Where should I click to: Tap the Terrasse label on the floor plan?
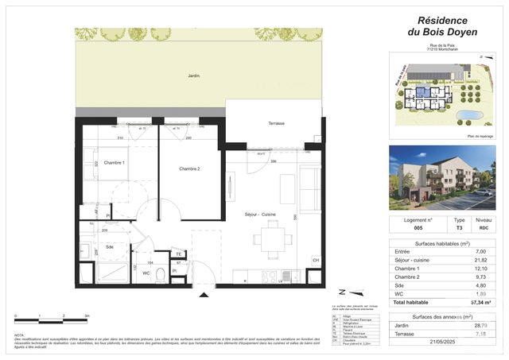point(276,123)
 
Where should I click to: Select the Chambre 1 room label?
point(115,163)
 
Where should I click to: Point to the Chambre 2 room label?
point(189,168)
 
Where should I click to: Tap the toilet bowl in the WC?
point(161,275)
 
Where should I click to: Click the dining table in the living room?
point(271,239)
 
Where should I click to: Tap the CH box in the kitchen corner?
point(315,260)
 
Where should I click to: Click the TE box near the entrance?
point(179,254)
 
